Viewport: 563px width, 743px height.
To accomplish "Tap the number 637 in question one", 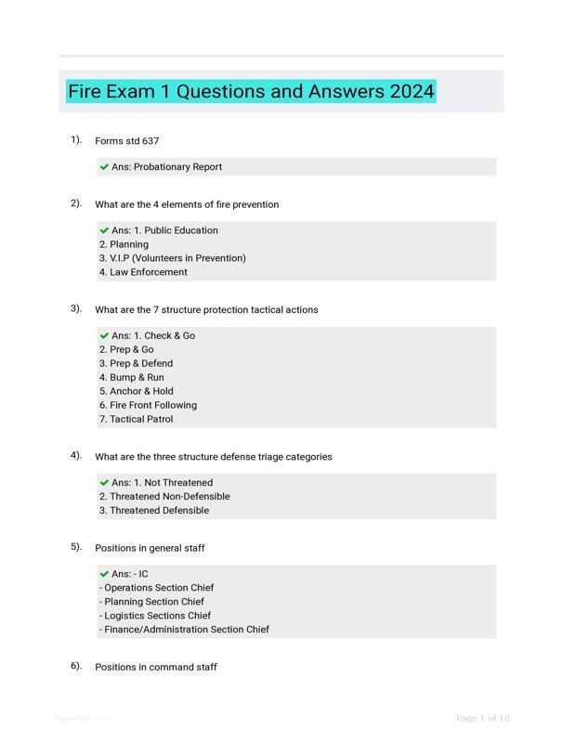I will point(151,141).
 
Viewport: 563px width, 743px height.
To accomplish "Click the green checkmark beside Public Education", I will point(104,230).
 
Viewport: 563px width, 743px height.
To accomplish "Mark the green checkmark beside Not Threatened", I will point(104,483).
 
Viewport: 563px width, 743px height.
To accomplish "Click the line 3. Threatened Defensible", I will point(154,511).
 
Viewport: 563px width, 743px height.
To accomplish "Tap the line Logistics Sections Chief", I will point(157,616).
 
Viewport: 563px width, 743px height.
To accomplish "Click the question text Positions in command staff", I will point(156,667).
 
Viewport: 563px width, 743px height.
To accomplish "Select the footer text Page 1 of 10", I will point(483,718).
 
